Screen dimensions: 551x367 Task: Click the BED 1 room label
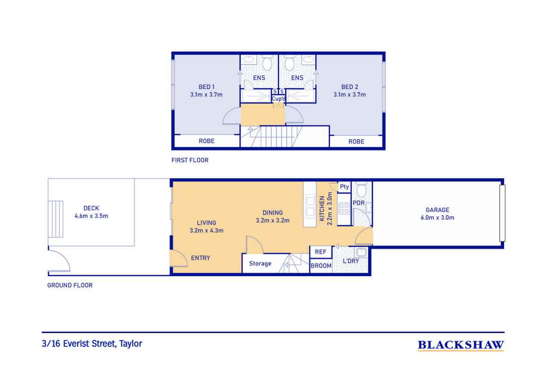[x=206, y=87]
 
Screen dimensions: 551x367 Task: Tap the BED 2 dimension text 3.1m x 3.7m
[x=350, y=94]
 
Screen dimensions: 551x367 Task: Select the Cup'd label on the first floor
[x=279, y=99]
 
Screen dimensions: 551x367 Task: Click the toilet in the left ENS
[x=267, y=63]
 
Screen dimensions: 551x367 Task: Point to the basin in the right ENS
[x=308, y=59]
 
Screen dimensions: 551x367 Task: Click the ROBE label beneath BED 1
[x=207, y=141]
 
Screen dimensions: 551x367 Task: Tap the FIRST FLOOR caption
[x=190, y=160]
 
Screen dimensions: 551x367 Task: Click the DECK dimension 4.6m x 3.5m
[x=91, y=216]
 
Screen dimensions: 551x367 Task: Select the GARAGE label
[x=437, y=210]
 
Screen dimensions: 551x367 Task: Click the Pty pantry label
[x=344, y=187]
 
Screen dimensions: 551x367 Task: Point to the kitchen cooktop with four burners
[x=344, y=208]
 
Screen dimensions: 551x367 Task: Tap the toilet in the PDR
[x=361, y=189]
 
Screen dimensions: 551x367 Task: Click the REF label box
[x=321, y=252]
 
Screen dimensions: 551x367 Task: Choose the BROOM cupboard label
[x=321, y=266]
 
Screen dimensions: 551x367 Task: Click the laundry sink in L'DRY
[x=361, y=252]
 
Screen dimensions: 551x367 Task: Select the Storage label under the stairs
[x=260, y=263]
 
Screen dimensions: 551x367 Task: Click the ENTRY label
[x=201, y=258]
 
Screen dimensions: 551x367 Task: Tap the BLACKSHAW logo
[x=461, y=345]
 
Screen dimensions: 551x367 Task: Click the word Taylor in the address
[x=131, y=344]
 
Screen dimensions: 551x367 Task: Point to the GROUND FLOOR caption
[x=70, y=285]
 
